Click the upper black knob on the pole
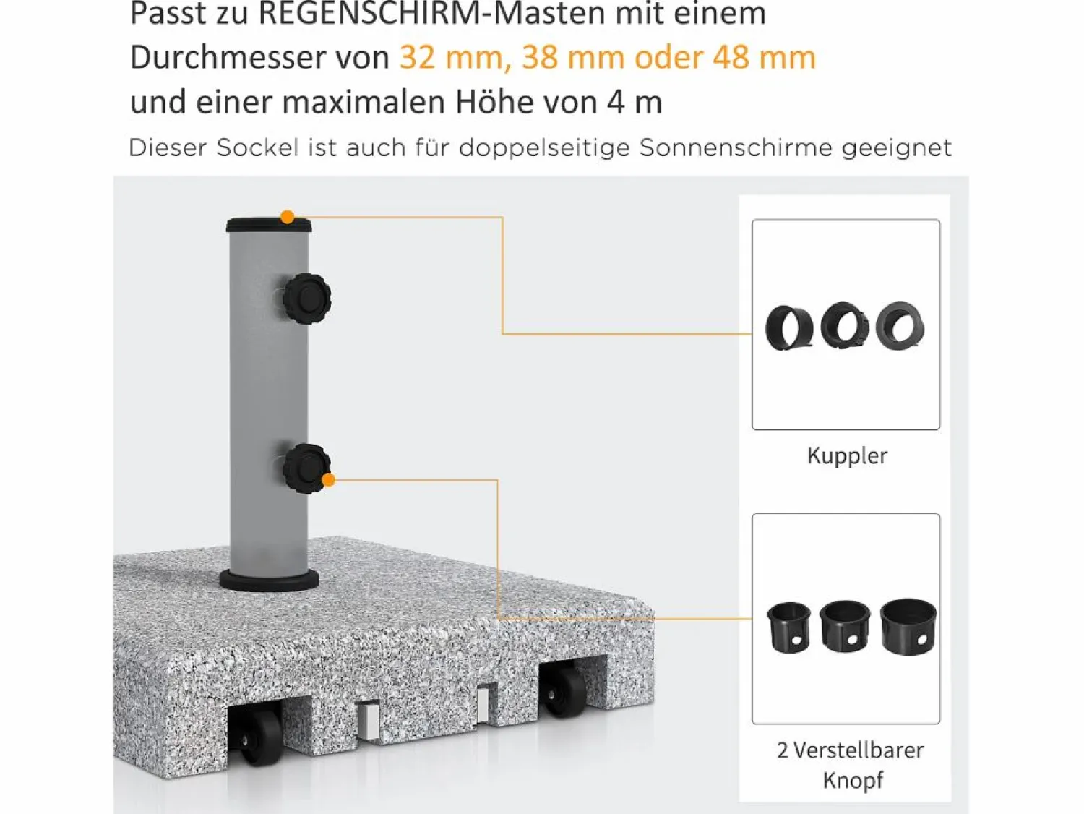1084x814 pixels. (306, 299)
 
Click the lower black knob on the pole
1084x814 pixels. (306, 468)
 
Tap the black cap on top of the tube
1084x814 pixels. (269, 226)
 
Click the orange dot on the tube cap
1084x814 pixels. (287, 217)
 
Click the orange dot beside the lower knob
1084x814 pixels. (328, 479)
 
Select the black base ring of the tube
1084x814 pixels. (269, 580)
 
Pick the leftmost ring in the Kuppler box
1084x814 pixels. (788, 328)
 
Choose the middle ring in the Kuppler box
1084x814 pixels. (845, 326)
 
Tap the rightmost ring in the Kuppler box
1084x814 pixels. (900, 326)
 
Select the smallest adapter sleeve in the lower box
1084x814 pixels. (788, 627)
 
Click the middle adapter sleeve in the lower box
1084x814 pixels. (845, 626)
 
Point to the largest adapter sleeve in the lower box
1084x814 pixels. (908, 626)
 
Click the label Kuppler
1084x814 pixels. (847, 456)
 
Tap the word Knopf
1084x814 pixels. (852, 781)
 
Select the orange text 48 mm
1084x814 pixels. (764, 58)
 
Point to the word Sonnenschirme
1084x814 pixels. (736, 147)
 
